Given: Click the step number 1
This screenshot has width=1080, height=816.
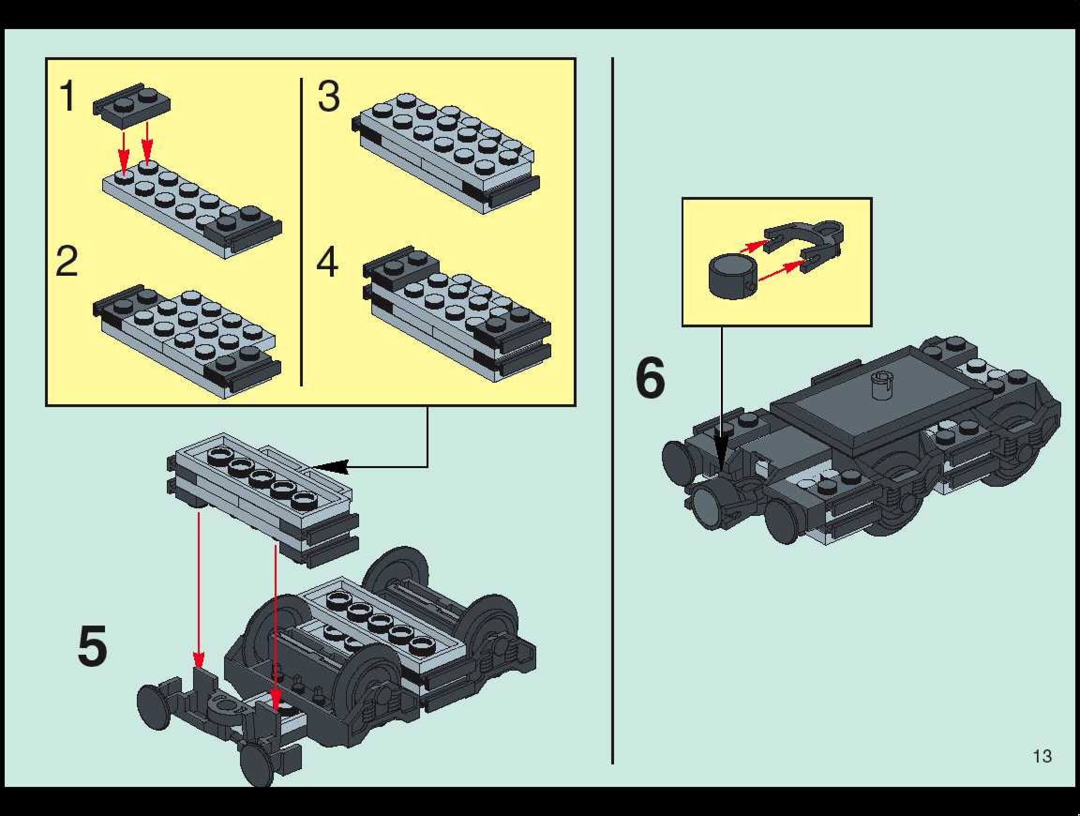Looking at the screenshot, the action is coord(67,96).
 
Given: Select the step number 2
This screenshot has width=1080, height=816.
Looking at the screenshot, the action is coord(67,261).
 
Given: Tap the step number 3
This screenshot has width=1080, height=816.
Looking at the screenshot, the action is coord(329,96).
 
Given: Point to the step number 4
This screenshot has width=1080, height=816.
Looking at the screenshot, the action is coord(327,262).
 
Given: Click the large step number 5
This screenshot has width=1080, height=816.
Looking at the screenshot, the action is coord(92,646).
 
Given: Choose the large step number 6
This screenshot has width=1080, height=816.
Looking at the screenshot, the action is coord(650,378).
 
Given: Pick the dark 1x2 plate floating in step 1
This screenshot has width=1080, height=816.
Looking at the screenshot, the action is coord(131,106).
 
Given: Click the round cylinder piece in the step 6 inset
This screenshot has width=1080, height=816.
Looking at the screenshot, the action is coord(733,277).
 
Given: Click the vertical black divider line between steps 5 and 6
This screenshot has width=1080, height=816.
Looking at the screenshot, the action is coord(612,410).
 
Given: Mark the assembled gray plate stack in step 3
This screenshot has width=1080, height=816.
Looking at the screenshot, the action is coord(445,154).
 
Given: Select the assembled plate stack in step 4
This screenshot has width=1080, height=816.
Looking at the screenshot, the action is coord(457,314).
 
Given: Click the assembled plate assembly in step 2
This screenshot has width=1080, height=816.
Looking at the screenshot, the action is coord(187,342).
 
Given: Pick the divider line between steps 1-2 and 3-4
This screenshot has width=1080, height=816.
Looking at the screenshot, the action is coord(301,232).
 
